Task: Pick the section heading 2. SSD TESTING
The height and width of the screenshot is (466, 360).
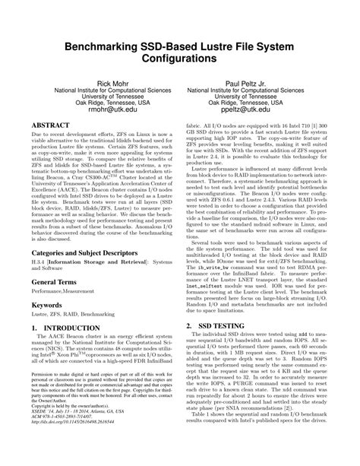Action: (x=222, y=325)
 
